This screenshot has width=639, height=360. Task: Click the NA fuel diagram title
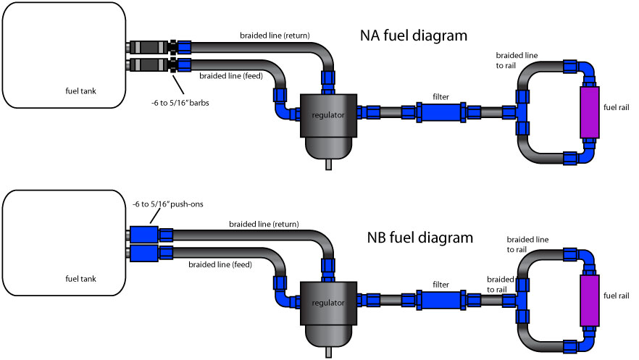[413, 35]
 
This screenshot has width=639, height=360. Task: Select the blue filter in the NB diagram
[440, 299]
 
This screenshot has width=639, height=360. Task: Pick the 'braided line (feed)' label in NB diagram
[220, 264]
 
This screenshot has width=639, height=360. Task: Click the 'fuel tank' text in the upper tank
[80, 91]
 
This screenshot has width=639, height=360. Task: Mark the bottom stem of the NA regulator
[328, 164]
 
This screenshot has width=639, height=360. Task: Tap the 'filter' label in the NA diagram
[441, 96]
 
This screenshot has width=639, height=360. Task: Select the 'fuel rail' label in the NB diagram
[617, 296]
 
